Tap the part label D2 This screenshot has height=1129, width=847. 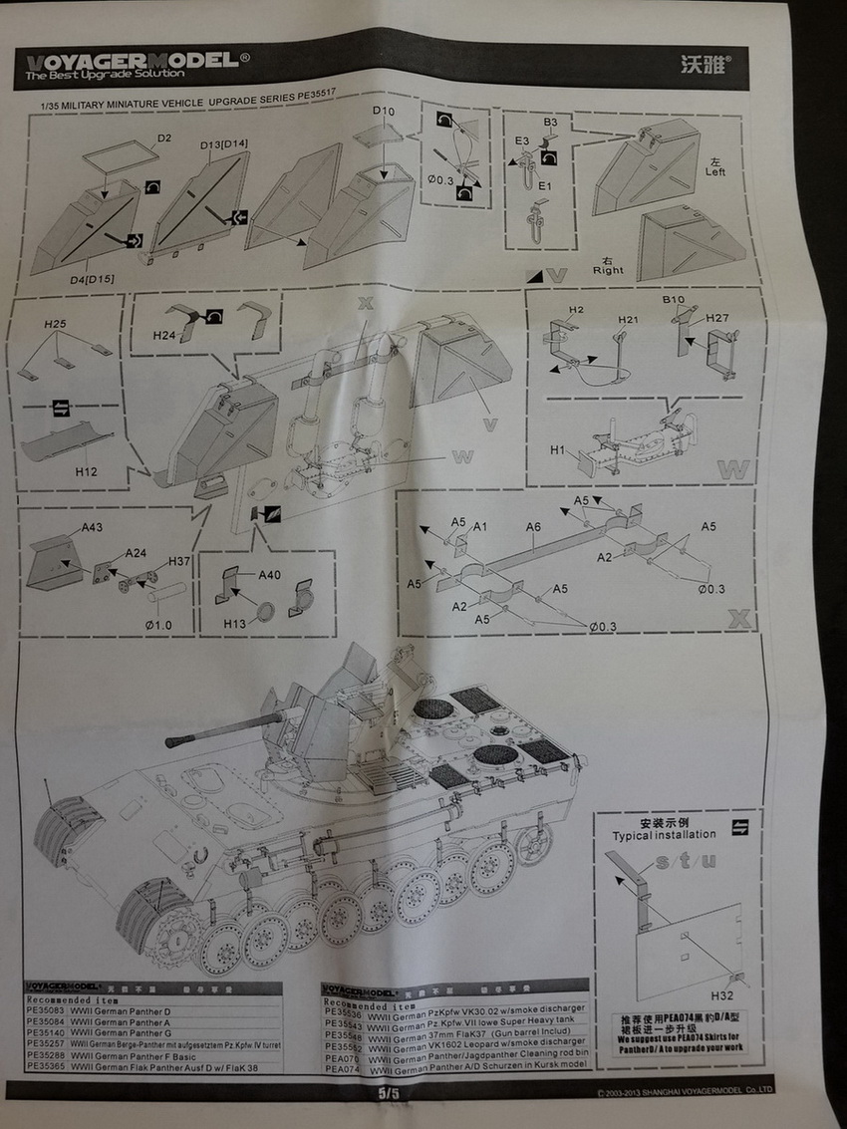pyautogui.click(x=164, y=139)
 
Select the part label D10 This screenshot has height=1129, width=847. pyautogui.click(x=384, y=111)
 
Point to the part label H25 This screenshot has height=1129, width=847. pyautogui.click(x=55, y=325)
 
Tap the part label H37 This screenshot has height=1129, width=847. pyautogui.click(x=179, y=561)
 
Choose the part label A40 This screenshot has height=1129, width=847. pyautogui.click(x=269, y=575)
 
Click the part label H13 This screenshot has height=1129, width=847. pyautogui.click(x=234, y=623)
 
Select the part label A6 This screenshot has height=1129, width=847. pyautogui.click(x=533, y=527)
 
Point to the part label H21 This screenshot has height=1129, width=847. pyautogui.click(x=628, y=319)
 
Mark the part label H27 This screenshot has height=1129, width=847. pyautogui.click(x=717, y=318)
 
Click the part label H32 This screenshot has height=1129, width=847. pyautogui.click(x=724, y=995)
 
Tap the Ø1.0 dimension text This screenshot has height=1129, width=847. pyautogui.click(x=157, y=624)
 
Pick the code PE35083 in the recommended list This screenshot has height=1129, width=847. pyautogui.click(x=46, y=1011)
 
